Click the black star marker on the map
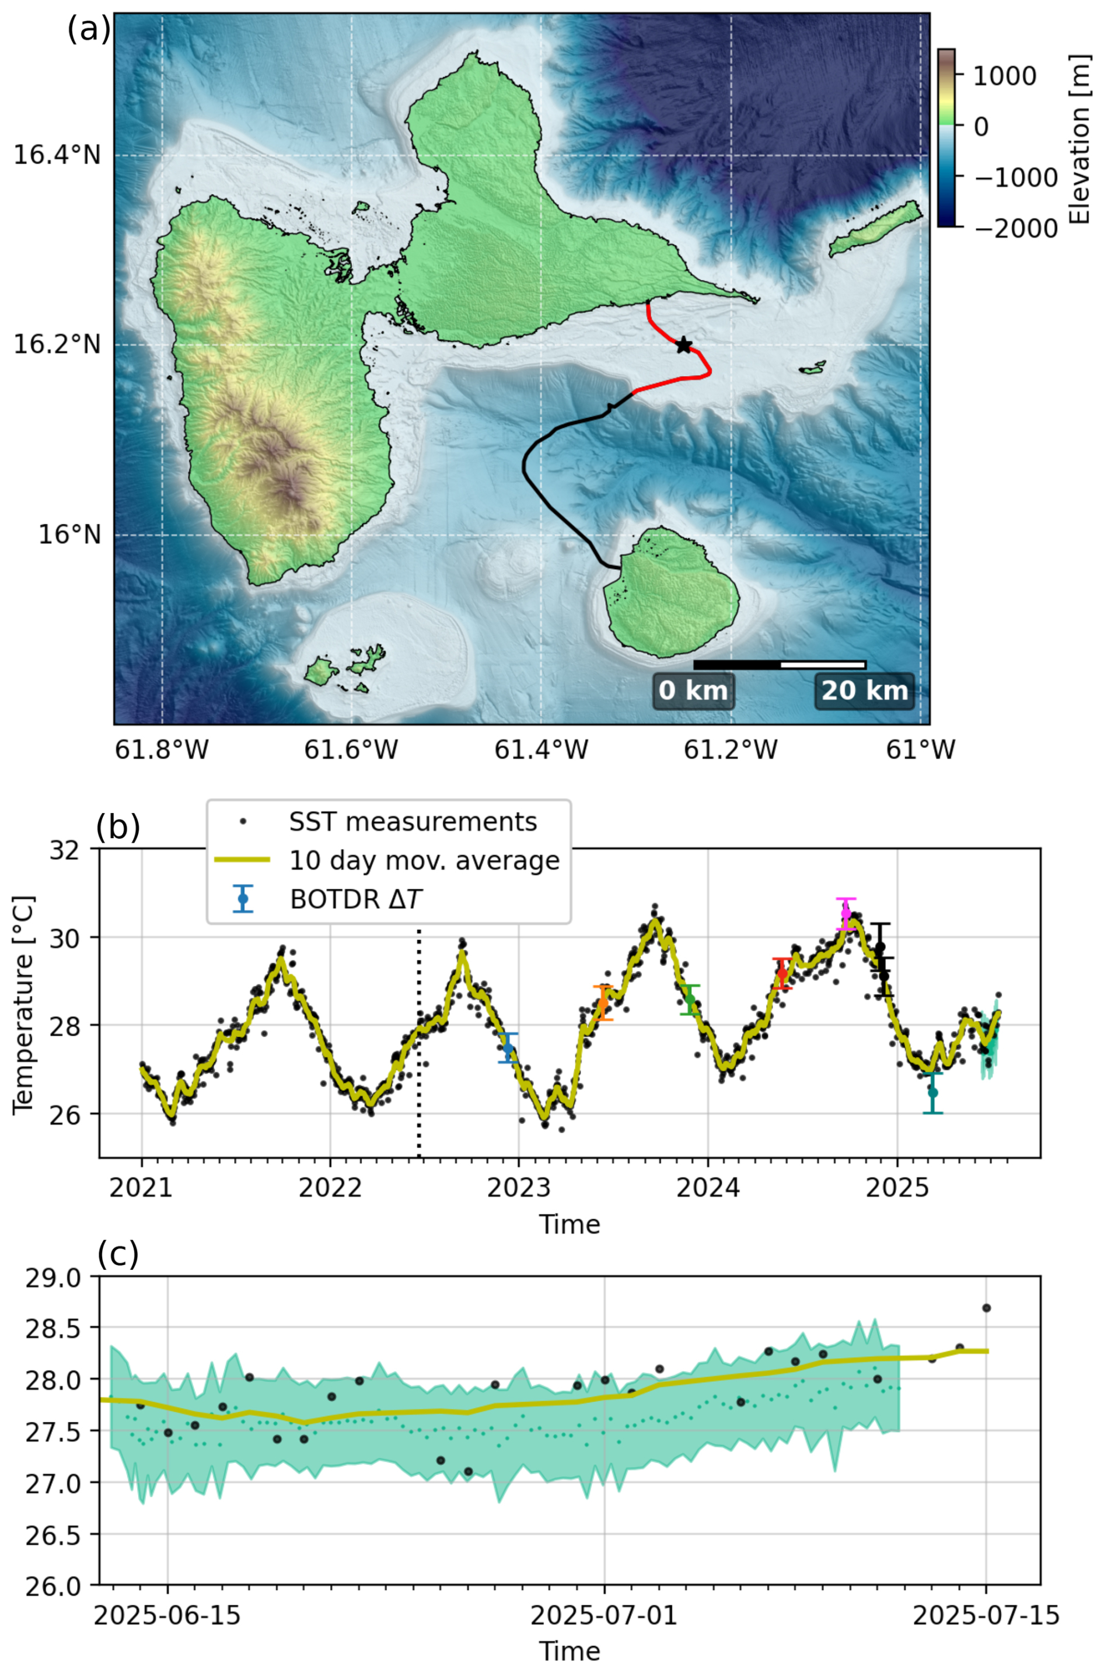(683, 345)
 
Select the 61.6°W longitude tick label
(351, 750)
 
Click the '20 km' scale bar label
(865, 690)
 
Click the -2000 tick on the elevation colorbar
(1015, 228)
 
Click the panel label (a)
(89, 30)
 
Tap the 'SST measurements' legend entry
(413, 822)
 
